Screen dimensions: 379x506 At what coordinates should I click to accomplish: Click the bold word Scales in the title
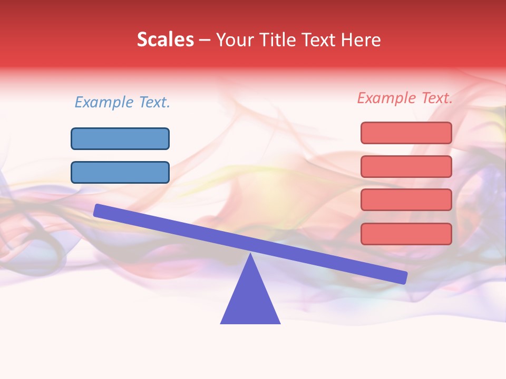point(165,39)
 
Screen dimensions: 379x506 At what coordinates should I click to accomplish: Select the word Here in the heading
point(361,39)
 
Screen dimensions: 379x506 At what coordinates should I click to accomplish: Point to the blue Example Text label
point(122,102)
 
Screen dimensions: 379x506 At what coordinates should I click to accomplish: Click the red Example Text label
point(405,98)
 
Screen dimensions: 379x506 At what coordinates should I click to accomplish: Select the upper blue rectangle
point(120,138)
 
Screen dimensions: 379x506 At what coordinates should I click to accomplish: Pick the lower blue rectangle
point(120,172)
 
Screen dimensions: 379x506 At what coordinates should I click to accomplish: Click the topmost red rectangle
point(406,133)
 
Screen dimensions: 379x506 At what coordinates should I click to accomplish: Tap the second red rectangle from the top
point(406,166)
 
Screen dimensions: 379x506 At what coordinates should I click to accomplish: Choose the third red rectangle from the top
point(406,200)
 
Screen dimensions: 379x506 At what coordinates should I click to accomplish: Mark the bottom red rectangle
point(406,234)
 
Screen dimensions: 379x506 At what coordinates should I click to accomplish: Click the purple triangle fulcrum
point(250,300)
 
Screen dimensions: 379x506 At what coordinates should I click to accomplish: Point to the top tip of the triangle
point(250,255)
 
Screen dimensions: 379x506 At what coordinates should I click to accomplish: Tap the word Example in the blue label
point(104,102)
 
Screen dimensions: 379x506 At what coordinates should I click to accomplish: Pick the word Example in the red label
point(387,98)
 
